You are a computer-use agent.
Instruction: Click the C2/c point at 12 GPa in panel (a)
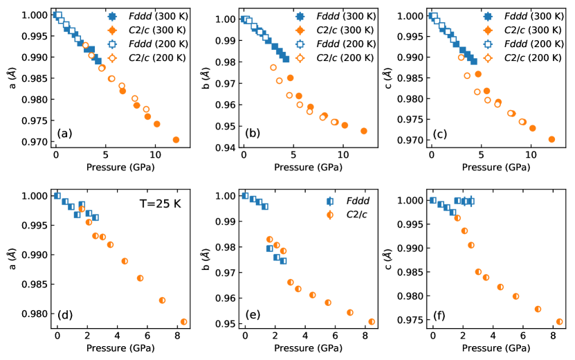pos(176,140)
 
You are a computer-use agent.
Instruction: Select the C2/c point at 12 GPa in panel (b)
pos(364,131)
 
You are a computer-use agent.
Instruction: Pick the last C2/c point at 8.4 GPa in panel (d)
pos(184,322)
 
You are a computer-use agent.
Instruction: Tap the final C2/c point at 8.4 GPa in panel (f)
pos(560,322)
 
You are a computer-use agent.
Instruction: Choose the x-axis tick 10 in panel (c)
pos(531,156)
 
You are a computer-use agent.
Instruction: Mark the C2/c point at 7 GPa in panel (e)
pos(350,312)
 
